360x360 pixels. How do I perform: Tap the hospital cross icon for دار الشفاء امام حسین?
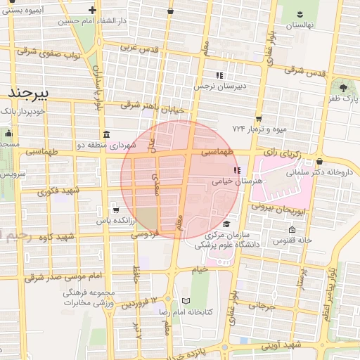(93, 10)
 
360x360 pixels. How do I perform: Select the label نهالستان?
(299, 25)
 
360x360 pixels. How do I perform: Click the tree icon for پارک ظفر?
(343, 88)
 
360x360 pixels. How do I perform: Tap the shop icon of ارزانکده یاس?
(115, 210)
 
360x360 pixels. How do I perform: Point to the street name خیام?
(200, 269)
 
